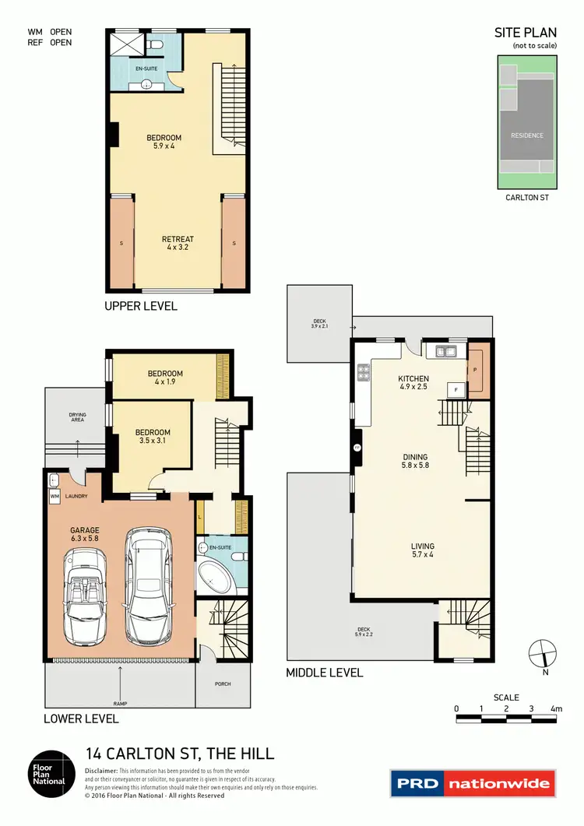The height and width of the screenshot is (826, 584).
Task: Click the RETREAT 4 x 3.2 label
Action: tap(178, 243)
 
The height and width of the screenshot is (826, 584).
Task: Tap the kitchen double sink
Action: tap(446, 351)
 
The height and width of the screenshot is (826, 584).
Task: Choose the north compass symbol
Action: tap(541, 652)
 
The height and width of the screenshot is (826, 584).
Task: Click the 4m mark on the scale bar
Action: tap(556, 708)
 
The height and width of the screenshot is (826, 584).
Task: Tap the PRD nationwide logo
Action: tap(473, 783)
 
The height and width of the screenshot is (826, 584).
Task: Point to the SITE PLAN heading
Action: tap(526, 33)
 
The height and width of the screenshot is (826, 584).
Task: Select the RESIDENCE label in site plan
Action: tap(527, 135)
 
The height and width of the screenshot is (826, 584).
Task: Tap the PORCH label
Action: tap(223, 684)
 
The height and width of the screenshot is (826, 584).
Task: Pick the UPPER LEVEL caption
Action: tap(141, 306)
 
